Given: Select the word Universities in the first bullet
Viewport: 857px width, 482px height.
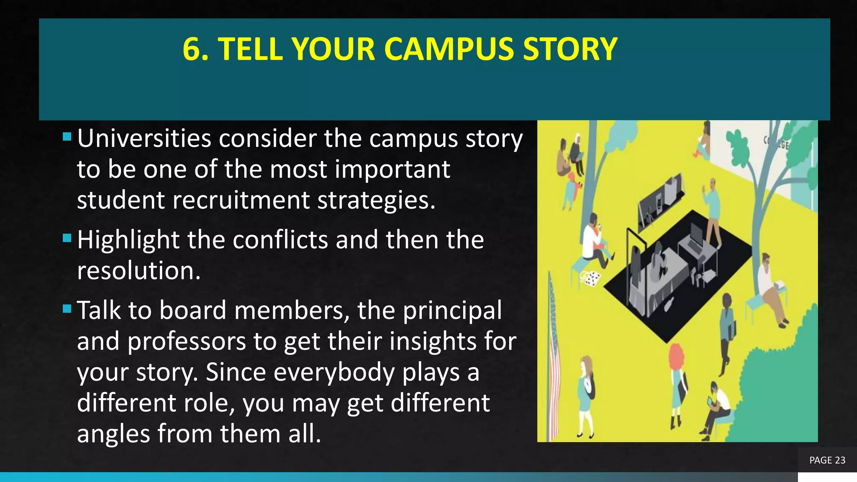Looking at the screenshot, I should [144, 138].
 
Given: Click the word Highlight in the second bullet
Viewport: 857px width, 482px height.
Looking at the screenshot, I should [128, 240].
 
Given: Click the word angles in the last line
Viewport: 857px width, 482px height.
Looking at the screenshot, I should [113, 433].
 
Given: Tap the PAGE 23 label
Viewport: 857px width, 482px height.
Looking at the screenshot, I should [827, 460].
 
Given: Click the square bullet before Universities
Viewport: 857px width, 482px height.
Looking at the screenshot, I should [67, 136].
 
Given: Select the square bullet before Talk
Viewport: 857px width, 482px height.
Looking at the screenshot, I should [67, 309].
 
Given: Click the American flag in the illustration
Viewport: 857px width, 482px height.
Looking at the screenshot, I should [554, 360].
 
